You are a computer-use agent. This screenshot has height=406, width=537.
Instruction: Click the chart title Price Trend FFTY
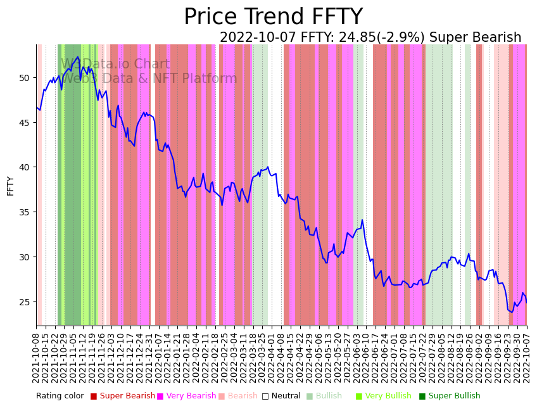coord(273,17)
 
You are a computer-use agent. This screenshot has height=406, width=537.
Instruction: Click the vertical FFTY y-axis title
coord(10,186)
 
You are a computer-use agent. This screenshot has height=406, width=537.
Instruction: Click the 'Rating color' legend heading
coord(60,396)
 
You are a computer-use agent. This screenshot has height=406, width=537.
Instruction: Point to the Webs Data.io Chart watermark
coord(115,65)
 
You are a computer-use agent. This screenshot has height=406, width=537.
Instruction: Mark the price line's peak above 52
coord(79,57)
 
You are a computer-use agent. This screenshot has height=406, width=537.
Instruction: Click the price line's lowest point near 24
coord(512,312)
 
